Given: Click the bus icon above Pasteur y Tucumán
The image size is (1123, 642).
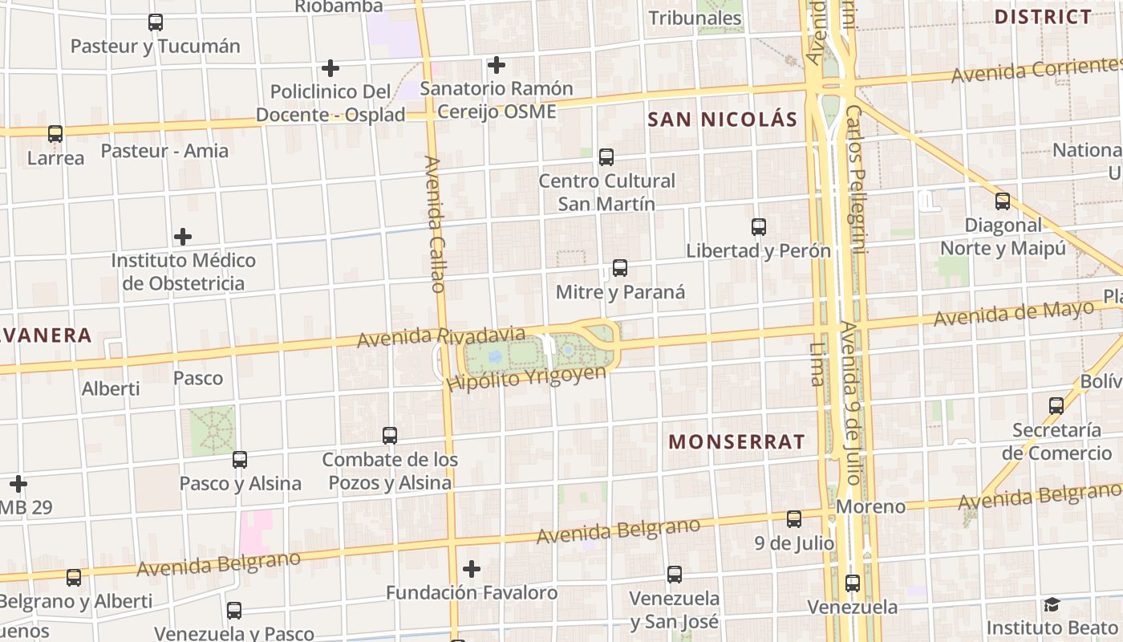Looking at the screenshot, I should (156, 22).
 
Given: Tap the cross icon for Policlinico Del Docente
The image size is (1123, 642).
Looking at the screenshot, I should (330, 68).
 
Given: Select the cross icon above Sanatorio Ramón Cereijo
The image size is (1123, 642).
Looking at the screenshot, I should (497, 64).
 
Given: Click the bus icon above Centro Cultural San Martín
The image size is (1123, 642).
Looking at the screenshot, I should (606, 156).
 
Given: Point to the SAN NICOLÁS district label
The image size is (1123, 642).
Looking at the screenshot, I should (722, 120).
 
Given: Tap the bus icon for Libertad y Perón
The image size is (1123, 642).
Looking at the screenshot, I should (759, 227).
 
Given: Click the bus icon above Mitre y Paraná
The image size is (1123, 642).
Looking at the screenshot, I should (619, 268).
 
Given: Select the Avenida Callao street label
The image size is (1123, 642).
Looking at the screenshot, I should (434, 224).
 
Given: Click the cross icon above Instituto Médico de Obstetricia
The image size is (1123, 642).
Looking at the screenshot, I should (183, 237).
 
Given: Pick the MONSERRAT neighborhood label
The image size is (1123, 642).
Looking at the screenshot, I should (736, 441).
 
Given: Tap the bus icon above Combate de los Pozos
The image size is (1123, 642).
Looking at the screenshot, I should (390, 436).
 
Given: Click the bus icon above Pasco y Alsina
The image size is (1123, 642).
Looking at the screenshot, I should (240, 460).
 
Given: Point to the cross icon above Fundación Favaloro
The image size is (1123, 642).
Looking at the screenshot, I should (472, 569).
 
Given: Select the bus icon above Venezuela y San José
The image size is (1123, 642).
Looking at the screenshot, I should (675, 575).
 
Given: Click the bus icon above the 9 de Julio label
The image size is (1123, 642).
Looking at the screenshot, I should (794, 519).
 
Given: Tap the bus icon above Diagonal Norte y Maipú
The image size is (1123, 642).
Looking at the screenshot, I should (1003, 201).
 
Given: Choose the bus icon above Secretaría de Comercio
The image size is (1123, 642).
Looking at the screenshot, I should (1056, 406).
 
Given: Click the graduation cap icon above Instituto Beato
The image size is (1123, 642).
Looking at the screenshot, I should (1052, 604).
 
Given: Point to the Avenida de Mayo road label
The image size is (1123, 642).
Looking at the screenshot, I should (1014, 314).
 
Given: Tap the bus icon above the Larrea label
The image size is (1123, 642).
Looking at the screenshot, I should (55, 134).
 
